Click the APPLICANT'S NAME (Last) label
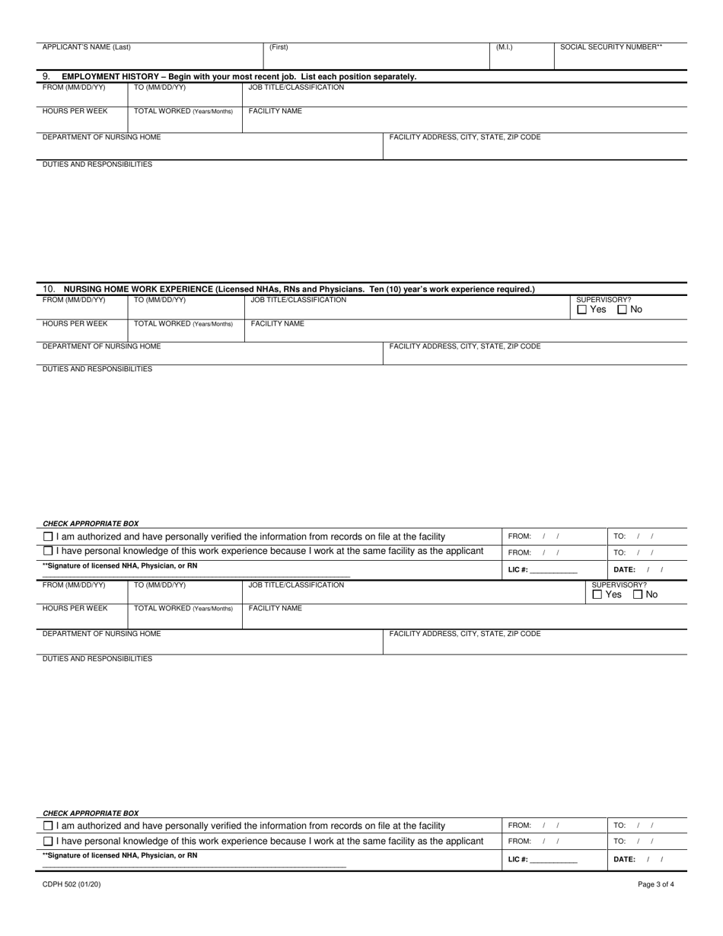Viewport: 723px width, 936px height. pyautogui.click(x=86, y=47)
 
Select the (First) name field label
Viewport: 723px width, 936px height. pyautogui.click(x=279, y=47)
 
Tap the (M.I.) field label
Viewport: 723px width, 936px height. pyautogui.click(x=504, y=47)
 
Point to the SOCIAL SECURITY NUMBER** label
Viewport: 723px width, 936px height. pyautogui.click(x=610, y=47)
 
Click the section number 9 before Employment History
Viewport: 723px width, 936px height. pyautogui.click(x=46, y=77)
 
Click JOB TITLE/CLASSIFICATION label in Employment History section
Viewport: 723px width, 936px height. pyautogui.click(x=296, y=88)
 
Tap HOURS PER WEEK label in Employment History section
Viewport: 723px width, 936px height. pyautogui.click(x=75, y=111)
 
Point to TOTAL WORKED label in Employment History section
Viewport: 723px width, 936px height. pyautogui.click(x=183, y=111)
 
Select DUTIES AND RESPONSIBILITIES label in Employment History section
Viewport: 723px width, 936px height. pyautogui.click(x=97, y=164)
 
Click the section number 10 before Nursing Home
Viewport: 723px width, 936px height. pyautogui.click(x=49, y=289)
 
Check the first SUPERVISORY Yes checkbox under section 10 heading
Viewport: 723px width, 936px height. pyautogui.click(x=582, y=310)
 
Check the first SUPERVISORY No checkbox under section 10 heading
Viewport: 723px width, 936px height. pyautogui.click(x=622, y=310)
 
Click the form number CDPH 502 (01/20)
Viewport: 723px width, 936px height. pyautogui.click(x=72, y=884)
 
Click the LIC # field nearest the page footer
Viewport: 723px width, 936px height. pyautogui.click(x=553, y=860)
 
